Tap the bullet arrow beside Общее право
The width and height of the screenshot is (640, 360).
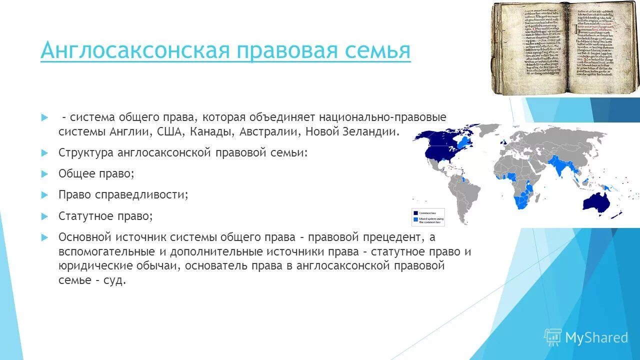point(44,173)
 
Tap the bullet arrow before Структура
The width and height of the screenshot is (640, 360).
point(44,152)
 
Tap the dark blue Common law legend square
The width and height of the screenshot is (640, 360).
point(415,213)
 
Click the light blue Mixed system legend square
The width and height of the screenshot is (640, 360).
point(415,219)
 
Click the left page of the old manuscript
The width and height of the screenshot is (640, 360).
point(530,47)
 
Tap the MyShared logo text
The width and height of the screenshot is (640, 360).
point(596,337)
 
